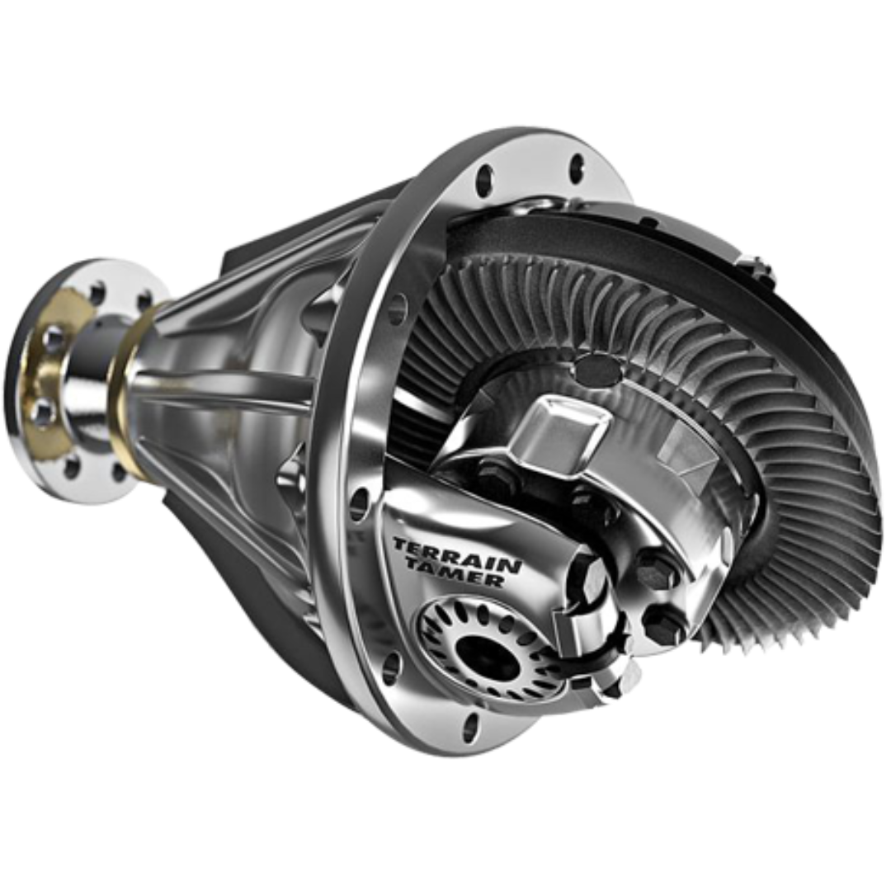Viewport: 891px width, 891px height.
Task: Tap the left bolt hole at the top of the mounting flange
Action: click(x=483, y=177)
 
